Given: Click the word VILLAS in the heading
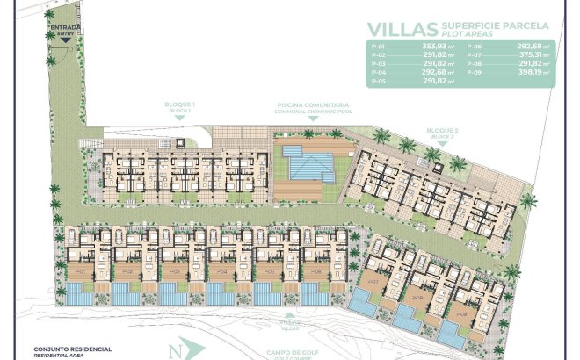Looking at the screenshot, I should coord(403,28).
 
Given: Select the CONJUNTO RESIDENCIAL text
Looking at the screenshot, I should coord(72,349).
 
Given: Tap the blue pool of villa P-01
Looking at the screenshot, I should coord(77,299).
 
